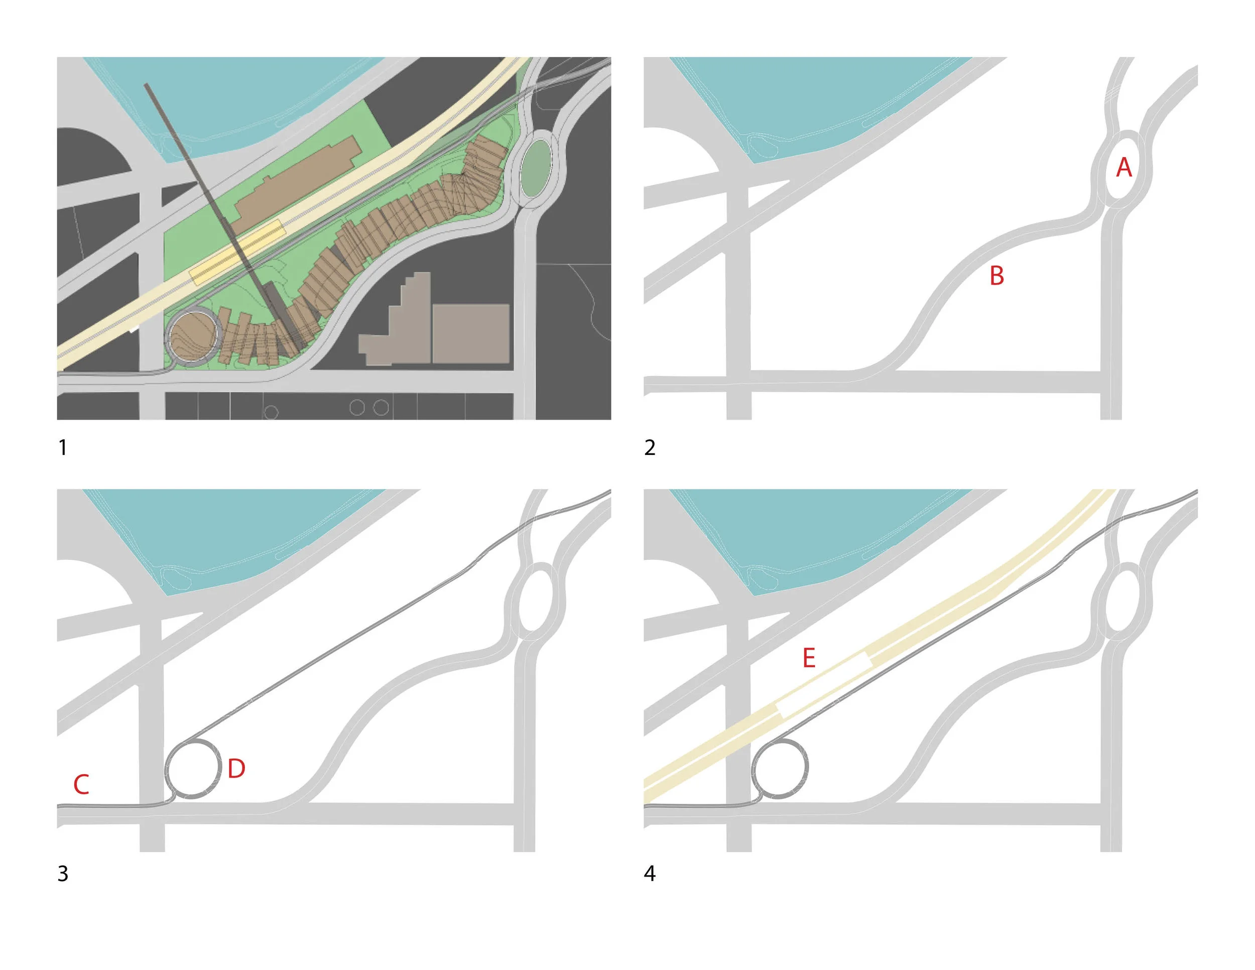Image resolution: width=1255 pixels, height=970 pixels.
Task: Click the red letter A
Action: coord(1123,167)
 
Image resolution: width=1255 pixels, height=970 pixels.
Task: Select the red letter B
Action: coord(997,276)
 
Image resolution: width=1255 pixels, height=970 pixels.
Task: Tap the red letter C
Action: coord(81,784)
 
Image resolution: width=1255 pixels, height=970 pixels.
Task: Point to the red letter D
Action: coord(236,768)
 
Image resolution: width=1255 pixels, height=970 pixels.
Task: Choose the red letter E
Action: coord(809,658)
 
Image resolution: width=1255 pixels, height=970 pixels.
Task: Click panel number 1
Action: coord(63,447)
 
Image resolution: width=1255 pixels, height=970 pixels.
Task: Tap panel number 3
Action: coord(63,874)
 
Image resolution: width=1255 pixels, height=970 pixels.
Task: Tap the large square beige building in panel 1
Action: coord(471,334)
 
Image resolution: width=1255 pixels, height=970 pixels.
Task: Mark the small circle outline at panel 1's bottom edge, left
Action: coord(271,413)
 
